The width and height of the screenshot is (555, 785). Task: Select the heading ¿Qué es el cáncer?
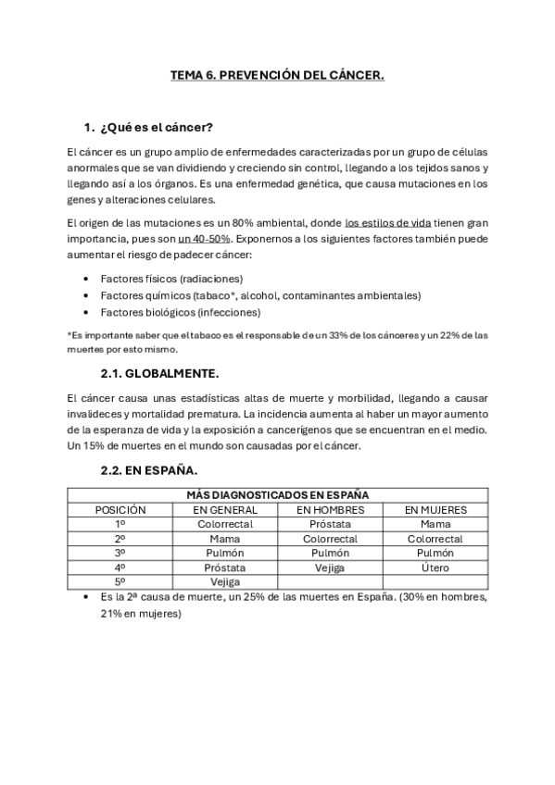157,127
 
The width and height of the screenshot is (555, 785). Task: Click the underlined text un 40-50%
204,239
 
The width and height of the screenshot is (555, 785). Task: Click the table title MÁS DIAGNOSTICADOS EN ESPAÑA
277,495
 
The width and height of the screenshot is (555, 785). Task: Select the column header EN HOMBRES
331,510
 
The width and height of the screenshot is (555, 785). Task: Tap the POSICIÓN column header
120,510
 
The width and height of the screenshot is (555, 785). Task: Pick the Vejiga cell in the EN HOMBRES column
331,567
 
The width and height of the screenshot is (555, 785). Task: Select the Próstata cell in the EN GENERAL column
225,567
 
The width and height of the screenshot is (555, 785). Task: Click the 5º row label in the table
120,582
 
